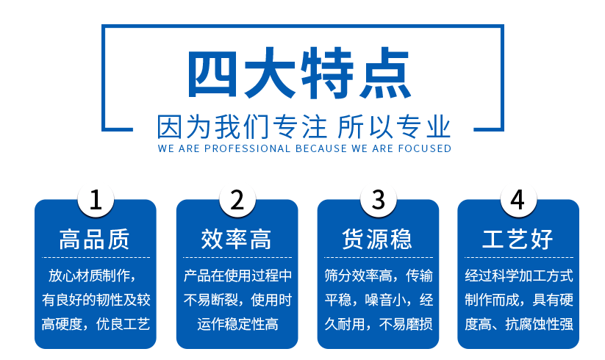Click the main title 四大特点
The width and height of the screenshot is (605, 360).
(x=300, y=73)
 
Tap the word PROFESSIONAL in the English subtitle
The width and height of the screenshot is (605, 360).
(x=247, y=148)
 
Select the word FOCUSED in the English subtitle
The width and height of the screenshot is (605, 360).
(x=425, y=148)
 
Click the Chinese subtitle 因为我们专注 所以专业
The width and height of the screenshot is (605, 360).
(x=304, y=126)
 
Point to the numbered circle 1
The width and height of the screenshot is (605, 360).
(x=96, y=200)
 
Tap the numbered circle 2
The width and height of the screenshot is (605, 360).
(x=237, y=200)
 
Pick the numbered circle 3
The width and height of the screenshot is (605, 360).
(x=378, y=200)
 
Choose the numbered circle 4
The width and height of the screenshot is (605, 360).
(x=518, y=200)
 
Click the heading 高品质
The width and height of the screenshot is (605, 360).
(x=95, y=239)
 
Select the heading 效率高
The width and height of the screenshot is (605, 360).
(x=236, y=239)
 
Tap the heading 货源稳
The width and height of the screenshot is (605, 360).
(x=377, y=239)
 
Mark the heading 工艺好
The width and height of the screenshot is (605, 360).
(x=518, y=239)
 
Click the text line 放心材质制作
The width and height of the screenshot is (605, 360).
(x=89, y=276)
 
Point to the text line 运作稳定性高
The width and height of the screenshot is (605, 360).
(x=237, y=324)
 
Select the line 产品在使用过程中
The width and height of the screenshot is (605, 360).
(x=237, y=276)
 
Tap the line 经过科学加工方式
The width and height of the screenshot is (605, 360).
(x=519, y=276)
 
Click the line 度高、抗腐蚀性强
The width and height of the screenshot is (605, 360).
(x=519, y=324)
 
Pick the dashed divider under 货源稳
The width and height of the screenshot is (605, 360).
(x=379, y=257)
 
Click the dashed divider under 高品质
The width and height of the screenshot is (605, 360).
(x=96, y=257)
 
